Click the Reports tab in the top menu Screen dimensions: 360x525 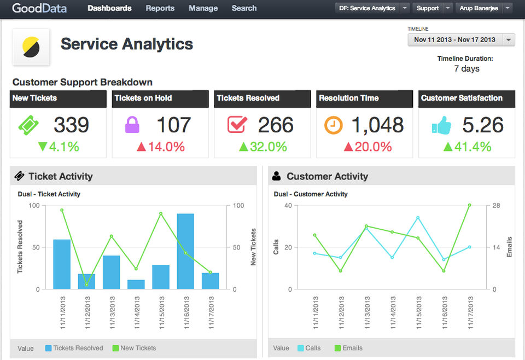tap(160, 8)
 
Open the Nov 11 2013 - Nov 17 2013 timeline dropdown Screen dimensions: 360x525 tap(461, 39)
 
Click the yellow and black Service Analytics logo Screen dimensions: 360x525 tap(31, 47)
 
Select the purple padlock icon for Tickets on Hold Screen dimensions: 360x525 tap(132, 125)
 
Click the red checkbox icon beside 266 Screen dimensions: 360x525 tap(237, 125)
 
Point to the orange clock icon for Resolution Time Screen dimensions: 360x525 tap(334, 125)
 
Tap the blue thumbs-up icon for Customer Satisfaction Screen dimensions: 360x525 tap(441, 126)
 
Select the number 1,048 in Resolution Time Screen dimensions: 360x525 tap(377, 125)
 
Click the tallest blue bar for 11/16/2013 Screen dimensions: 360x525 tap(185, 251)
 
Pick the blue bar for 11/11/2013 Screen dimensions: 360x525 tap(62, 264)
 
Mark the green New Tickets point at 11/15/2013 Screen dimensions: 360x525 tap(161, 213)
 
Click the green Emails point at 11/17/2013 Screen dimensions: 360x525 tap(470, 205)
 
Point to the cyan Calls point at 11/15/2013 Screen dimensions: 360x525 tap(418, 218)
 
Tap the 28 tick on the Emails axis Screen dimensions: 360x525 tap(496, 205)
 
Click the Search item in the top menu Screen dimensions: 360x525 tap(244, 8)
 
